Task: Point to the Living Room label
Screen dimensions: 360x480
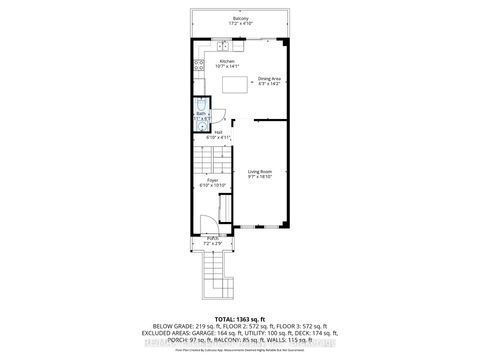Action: pos(260,171)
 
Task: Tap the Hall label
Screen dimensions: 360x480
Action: pos(218,132)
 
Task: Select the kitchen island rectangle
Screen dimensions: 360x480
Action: pos(234,85)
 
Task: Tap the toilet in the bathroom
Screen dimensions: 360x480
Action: pos(200,104)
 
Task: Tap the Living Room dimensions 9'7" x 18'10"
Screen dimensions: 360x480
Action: pos(260,177)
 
